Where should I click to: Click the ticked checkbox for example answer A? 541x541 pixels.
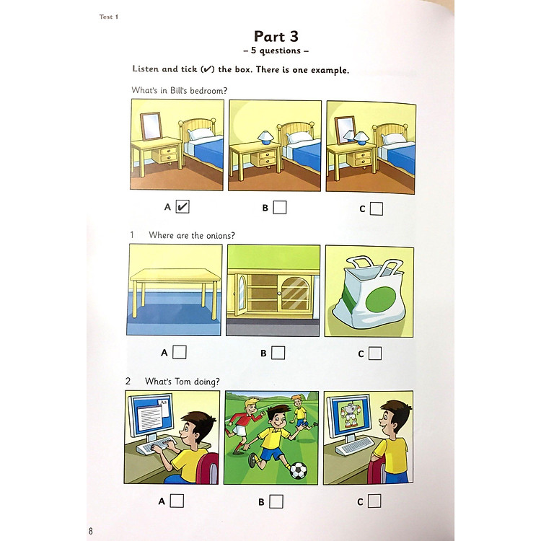click(182, 207)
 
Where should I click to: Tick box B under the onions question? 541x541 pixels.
click(278, 353)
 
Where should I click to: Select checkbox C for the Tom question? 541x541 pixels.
click(374, 501)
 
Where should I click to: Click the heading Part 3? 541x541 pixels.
click(276, 36)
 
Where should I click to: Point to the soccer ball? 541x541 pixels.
click(299, 470)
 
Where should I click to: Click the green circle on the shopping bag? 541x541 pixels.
click(380, 299)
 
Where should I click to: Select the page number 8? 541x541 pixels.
click(91, 530)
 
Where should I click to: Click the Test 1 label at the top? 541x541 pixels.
click(109, 17)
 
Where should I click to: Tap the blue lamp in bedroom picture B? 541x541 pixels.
click(265, 137)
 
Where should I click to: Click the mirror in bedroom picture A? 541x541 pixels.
click(151, 126)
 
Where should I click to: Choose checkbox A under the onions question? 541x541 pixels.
click(179, 352)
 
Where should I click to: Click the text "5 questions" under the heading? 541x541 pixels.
click(276, 50)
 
